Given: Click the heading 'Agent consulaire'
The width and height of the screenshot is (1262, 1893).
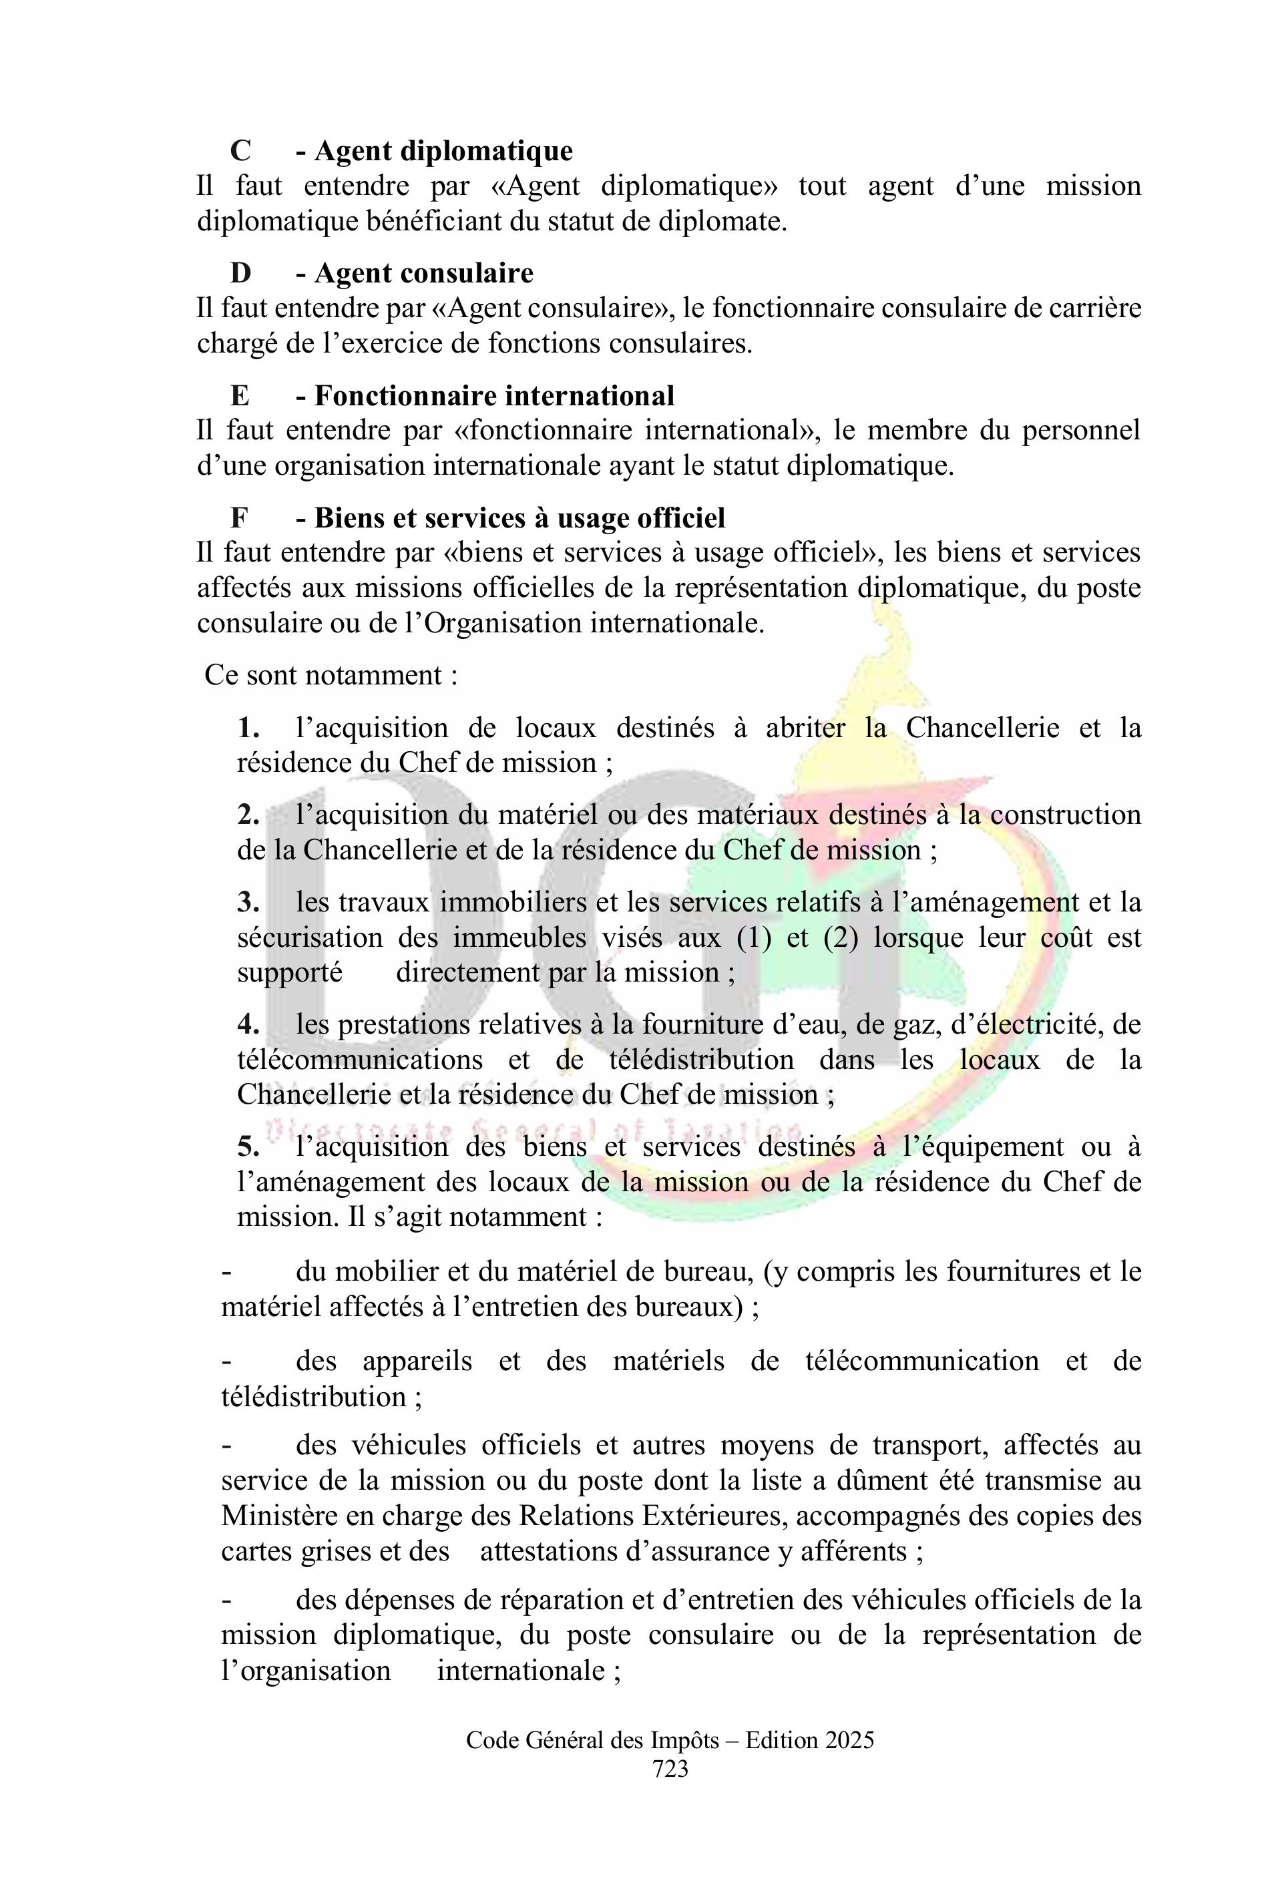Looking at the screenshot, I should pos(423,273).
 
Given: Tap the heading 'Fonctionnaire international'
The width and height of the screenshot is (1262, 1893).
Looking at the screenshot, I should pos(493,395).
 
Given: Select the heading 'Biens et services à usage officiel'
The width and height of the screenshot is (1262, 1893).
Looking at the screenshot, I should pos(519,517).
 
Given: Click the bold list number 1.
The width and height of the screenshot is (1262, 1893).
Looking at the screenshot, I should pos(248,728).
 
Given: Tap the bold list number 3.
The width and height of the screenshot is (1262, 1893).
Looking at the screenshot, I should pos(248,902).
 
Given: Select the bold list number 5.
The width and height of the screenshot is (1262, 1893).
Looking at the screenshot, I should pos(248,1147).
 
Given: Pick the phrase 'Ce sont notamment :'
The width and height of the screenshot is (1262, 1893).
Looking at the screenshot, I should pos(331,674).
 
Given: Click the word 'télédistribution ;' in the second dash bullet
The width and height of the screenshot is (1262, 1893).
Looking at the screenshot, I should pos(321,1396).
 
